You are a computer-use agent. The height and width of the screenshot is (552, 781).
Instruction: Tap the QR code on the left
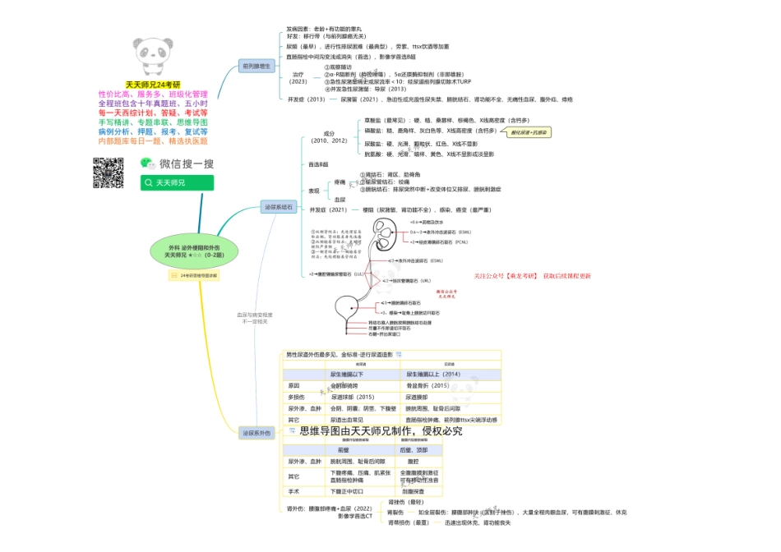tap(108, 172)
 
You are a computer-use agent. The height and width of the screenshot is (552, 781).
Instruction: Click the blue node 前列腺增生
tap(256, 66)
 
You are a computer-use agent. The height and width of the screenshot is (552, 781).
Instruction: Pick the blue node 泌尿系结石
tap(279, 207)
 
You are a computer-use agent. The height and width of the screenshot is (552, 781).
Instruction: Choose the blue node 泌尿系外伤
tap(256, 432)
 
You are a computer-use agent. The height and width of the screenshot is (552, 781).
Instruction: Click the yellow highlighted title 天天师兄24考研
tap(152, 85)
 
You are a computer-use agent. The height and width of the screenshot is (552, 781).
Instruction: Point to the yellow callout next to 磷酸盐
tap(529, 131)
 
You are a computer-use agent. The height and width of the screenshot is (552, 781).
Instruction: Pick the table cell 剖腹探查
tap(414, 491)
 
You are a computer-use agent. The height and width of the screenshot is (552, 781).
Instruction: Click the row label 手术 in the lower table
tap(293, 491)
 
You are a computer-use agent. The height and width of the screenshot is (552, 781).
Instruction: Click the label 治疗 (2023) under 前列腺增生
tap(298, 78)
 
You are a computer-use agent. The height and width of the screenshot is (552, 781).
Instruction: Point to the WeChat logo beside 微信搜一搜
tap(146, 163)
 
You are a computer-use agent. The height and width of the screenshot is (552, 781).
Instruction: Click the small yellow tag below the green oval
tap(194, 275)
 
